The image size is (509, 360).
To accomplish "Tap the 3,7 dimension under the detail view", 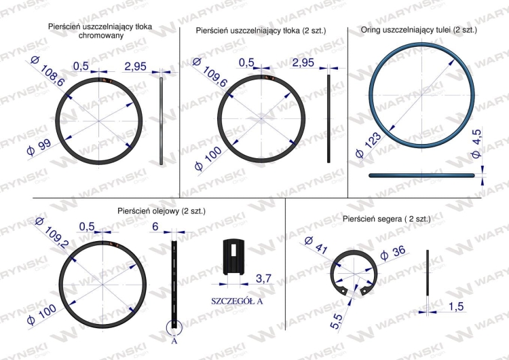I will point(263,277).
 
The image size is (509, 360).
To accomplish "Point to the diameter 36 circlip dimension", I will point(394,254).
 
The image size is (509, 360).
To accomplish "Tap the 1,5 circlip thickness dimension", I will point(456,307).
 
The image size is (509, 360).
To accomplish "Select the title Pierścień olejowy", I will point(160,211).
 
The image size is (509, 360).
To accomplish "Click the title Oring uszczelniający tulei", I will point(412,31).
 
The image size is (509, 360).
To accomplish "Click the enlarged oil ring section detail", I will point(233,256).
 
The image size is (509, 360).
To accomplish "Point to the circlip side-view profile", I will point(428,272).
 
